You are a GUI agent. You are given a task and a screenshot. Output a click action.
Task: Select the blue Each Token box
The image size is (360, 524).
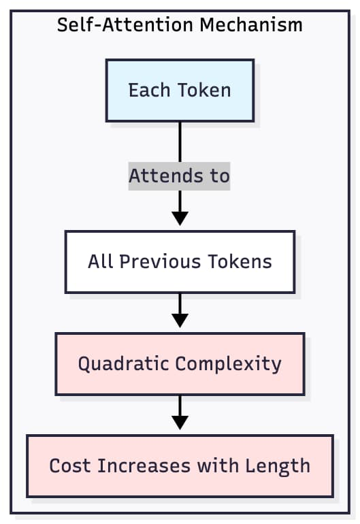(x=180, y=91)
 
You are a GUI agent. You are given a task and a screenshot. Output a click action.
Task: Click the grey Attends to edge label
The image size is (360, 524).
(x=180, y=176)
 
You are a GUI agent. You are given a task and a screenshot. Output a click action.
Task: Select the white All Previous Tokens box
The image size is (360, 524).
(x=180, y=261)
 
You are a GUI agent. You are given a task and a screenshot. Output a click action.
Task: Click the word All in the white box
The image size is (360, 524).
(x=99, y=261)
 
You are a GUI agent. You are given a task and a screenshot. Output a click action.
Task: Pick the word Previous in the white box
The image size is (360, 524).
(x=154, y=261)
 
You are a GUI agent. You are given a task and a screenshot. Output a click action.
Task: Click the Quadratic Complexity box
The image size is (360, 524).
(x=180, y=364)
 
